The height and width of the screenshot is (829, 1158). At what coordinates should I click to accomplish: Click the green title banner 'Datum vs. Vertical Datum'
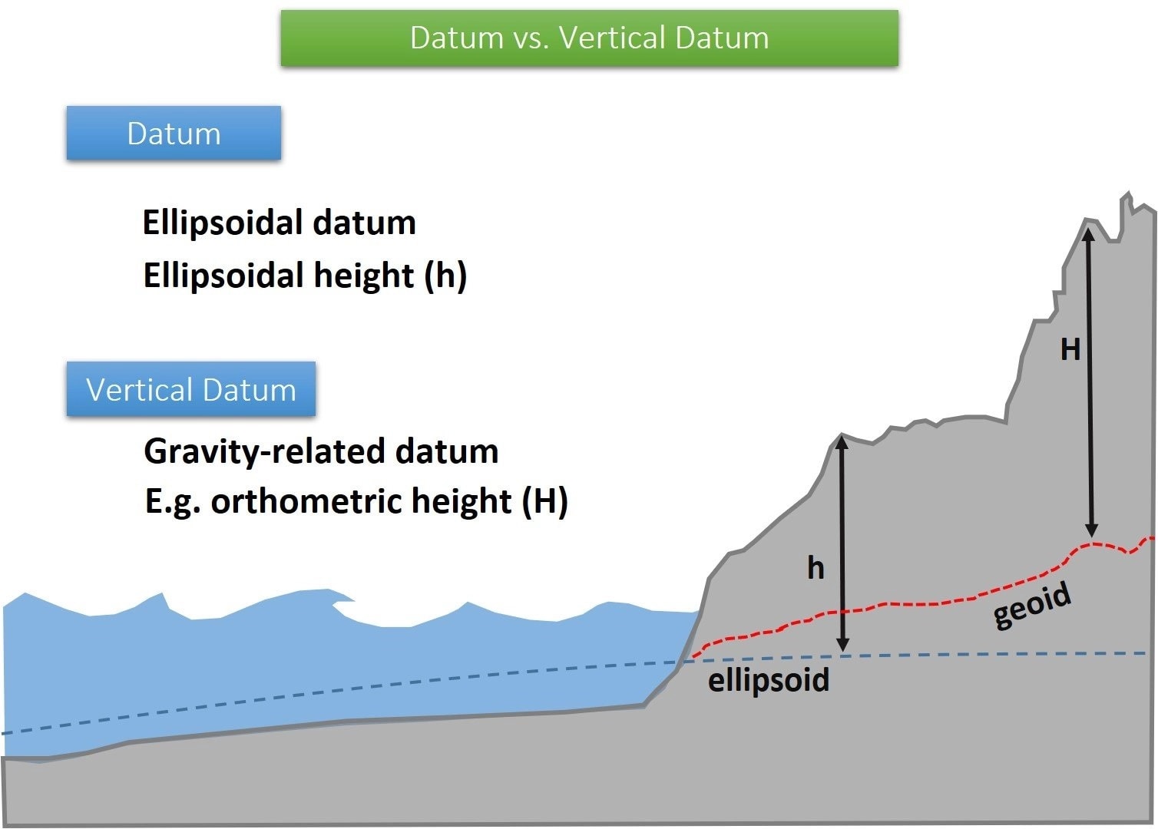589,38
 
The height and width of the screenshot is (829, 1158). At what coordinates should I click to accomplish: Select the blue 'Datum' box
174,133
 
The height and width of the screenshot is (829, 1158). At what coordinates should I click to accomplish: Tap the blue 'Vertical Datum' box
190,389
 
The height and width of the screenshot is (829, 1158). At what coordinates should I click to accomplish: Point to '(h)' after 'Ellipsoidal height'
445,275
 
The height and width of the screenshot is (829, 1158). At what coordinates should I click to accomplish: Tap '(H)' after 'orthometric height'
544,501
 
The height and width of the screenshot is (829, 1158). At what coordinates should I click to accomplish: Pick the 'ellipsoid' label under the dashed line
768,680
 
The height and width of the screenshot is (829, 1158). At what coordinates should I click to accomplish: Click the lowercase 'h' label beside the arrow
816,568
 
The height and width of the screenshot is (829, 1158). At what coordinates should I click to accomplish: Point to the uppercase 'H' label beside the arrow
1070,350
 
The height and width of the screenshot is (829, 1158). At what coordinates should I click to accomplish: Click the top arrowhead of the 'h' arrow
842,441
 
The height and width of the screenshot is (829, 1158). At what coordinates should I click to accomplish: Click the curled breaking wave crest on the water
338,596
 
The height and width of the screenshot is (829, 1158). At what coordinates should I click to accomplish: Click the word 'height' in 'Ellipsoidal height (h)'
364,275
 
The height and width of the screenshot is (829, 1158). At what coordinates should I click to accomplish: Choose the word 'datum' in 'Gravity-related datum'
446,451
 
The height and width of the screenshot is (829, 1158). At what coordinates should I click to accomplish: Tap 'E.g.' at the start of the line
173,501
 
